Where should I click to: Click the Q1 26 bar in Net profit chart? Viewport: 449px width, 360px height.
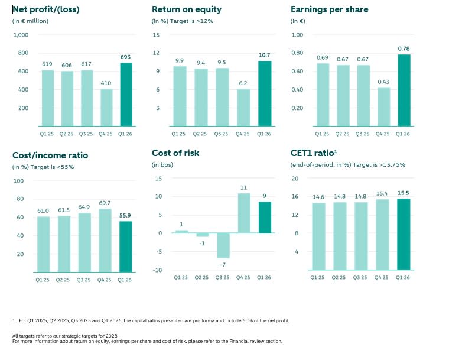(126, 95)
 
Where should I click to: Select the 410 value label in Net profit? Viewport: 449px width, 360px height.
(106, 83)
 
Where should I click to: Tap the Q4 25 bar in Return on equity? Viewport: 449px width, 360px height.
(243, 108)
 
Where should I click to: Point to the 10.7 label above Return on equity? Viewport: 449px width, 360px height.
(264, 55)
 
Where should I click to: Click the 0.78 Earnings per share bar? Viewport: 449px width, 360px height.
(404, 90)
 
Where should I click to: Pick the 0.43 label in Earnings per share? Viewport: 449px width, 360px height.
(383, 82)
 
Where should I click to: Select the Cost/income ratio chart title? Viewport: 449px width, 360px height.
(50, 155)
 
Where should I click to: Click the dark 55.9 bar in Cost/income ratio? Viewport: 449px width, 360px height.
(126, 247)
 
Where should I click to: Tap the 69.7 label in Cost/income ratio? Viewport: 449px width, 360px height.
(105, 203)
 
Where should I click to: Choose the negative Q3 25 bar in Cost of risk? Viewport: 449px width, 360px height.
(223, 246)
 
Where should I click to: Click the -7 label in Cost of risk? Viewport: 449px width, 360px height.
(223, 265)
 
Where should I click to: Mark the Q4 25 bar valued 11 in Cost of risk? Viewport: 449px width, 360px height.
(244, 213)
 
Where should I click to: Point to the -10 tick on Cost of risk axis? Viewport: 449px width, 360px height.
(157, 270)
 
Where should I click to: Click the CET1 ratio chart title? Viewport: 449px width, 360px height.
(314, 153)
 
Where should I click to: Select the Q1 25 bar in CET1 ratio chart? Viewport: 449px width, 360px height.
(318, 236)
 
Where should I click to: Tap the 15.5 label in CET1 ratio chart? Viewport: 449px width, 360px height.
(403, 193)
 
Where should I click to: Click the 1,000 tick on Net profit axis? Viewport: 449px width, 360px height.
(21, 35)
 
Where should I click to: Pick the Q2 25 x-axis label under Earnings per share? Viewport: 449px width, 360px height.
(342, 134)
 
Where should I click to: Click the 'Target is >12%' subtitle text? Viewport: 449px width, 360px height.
(191, 21)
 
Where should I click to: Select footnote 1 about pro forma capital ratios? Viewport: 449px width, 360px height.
(151, 320)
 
